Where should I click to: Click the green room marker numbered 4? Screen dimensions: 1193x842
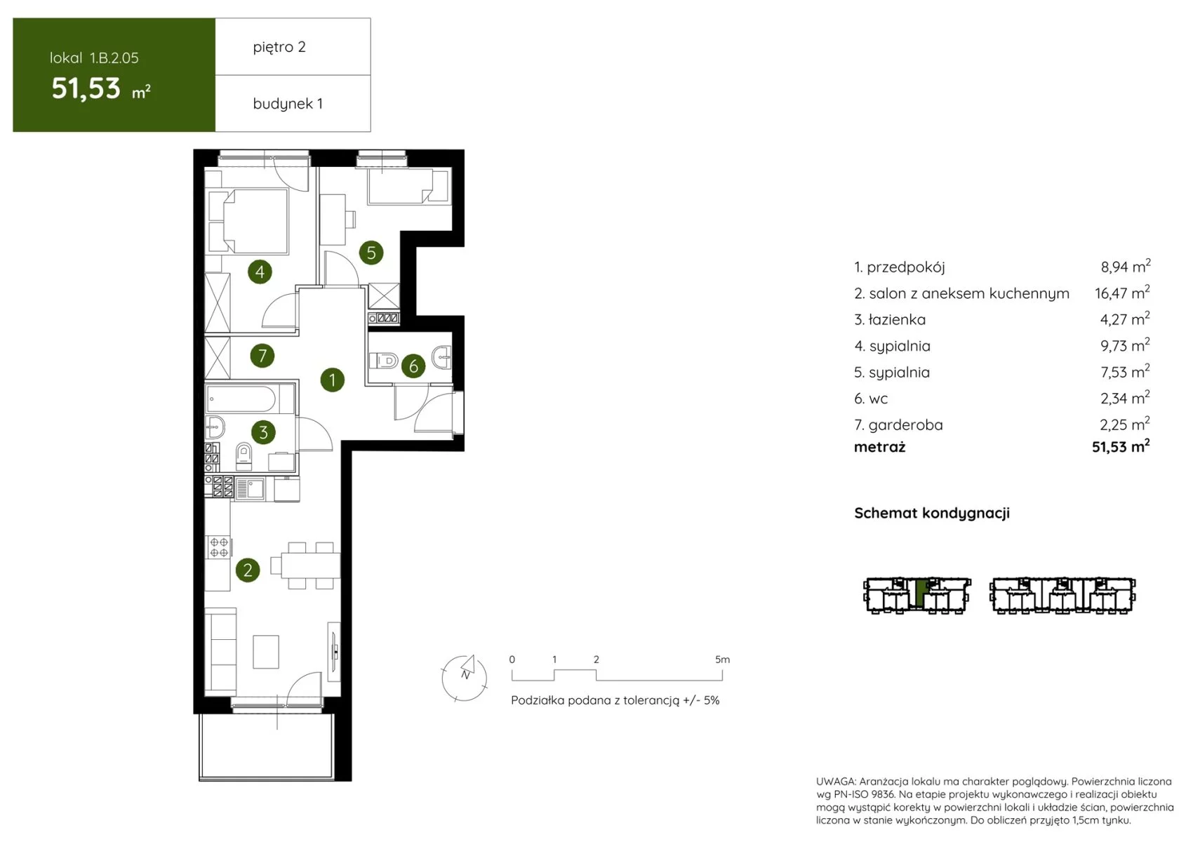(260, 272)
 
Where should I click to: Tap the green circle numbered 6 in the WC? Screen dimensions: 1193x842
(413, 366)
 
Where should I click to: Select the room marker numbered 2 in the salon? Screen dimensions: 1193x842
(248, 570)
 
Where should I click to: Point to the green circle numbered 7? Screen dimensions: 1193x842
(262, 356)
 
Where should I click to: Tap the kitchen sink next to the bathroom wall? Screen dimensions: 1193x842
(250, 488)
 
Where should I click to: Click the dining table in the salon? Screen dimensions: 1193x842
(310, 566)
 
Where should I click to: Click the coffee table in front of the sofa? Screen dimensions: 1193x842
(266, 651)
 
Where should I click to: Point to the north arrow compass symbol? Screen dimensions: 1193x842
(465, 677)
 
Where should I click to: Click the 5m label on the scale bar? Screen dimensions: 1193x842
(722, 660)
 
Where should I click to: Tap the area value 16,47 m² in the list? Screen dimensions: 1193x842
(1122, 293)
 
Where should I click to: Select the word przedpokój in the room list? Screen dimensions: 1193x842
(906, 267)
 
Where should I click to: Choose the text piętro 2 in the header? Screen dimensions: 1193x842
(279, 47)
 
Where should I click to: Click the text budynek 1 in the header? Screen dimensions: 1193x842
(288, 103)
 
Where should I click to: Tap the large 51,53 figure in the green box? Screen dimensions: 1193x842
(86, 88)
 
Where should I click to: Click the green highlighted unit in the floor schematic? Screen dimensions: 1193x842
(921, 593)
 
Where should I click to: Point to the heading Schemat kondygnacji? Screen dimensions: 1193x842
(932, 513)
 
